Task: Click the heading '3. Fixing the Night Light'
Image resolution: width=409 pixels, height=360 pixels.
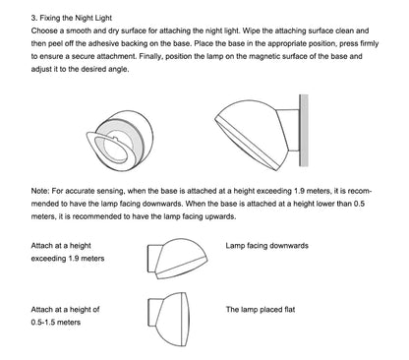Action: click(72, 18)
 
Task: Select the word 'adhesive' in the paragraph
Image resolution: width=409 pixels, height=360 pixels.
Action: click(103, 43)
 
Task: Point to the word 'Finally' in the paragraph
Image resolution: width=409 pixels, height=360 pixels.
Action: click(150, 56)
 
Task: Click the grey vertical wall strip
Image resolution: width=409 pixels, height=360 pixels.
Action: click(304, 131)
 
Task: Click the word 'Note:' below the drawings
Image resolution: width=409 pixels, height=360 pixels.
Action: click(40, 191)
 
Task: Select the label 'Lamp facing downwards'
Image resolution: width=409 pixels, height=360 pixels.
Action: click(266, 246)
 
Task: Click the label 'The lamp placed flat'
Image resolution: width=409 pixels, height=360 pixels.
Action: click(261, 309)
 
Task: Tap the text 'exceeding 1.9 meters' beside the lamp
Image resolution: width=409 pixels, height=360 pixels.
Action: click(68, 259)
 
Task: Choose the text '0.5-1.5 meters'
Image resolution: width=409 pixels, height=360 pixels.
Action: click(56, 322)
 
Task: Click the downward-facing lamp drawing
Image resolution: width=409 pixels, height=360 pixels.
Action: click(177, 259)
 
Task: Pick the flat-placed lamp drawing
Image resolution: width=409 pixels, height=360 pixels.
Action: click(168, 320)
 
